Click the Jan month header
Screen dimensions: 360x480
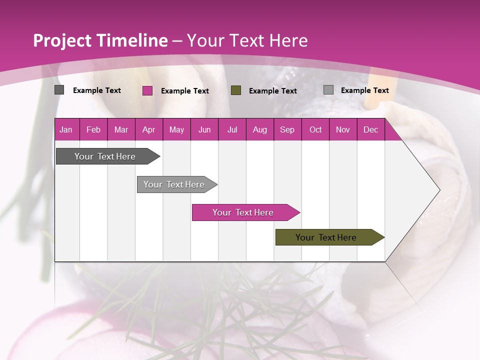pos(66,130)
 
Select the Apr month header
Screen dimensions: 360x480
pos(149,130)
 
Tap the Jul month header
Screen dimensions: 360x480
pos(232,130)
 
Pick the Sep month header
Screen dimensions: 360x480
pos(287,130)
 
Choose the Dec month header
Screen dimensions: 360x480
pos(370,130)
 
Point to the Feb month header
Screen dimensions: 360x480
pos(93,130)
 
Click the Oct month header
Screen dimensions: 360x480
pos(315,130)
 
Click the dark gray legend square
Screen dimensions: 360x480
pos(59,90)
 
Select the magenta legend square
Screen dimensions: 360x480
pos(147,90)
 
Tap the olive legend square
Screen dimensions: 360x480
pos(236,90)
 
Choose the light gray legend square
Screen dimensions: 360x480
pos(328,90)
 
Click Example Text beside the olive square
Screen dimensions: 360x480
pos(273,91)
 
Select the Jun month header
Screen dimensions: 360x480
pos(204,130)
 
